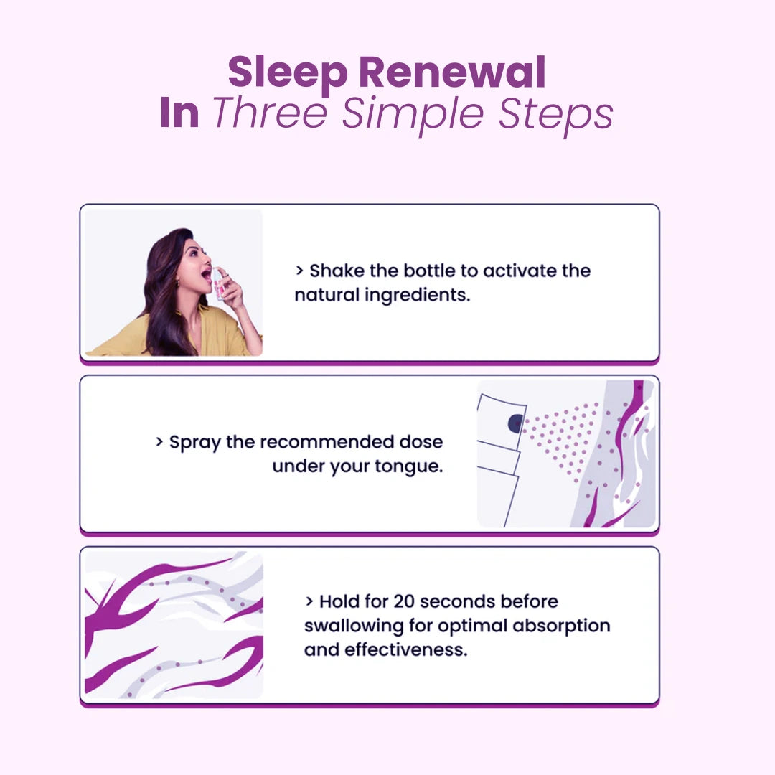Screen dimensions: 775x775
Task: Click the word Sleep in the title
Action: [x=288, y=74]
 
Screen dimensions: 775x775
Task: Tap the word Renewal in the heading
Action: [x=452, y=72]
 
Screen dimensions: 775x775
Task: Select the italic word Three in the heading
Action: [x=270, y=113]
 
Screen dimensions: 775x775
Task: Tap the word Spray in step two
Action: [x=194, y=443]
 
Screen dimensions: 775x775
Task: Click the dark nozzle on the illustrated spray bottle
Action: [x=515, y=423]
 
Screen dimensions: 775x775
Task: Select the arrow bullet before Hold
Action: [x=309, y=601]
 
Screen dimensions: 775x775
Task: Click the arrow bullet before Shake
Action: [x=299, y=271]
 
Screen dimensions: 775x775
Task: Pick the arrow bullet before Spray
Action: [x=159, y=442]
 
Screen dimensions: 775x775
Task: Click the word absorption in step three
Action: [x=561, y=626]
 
